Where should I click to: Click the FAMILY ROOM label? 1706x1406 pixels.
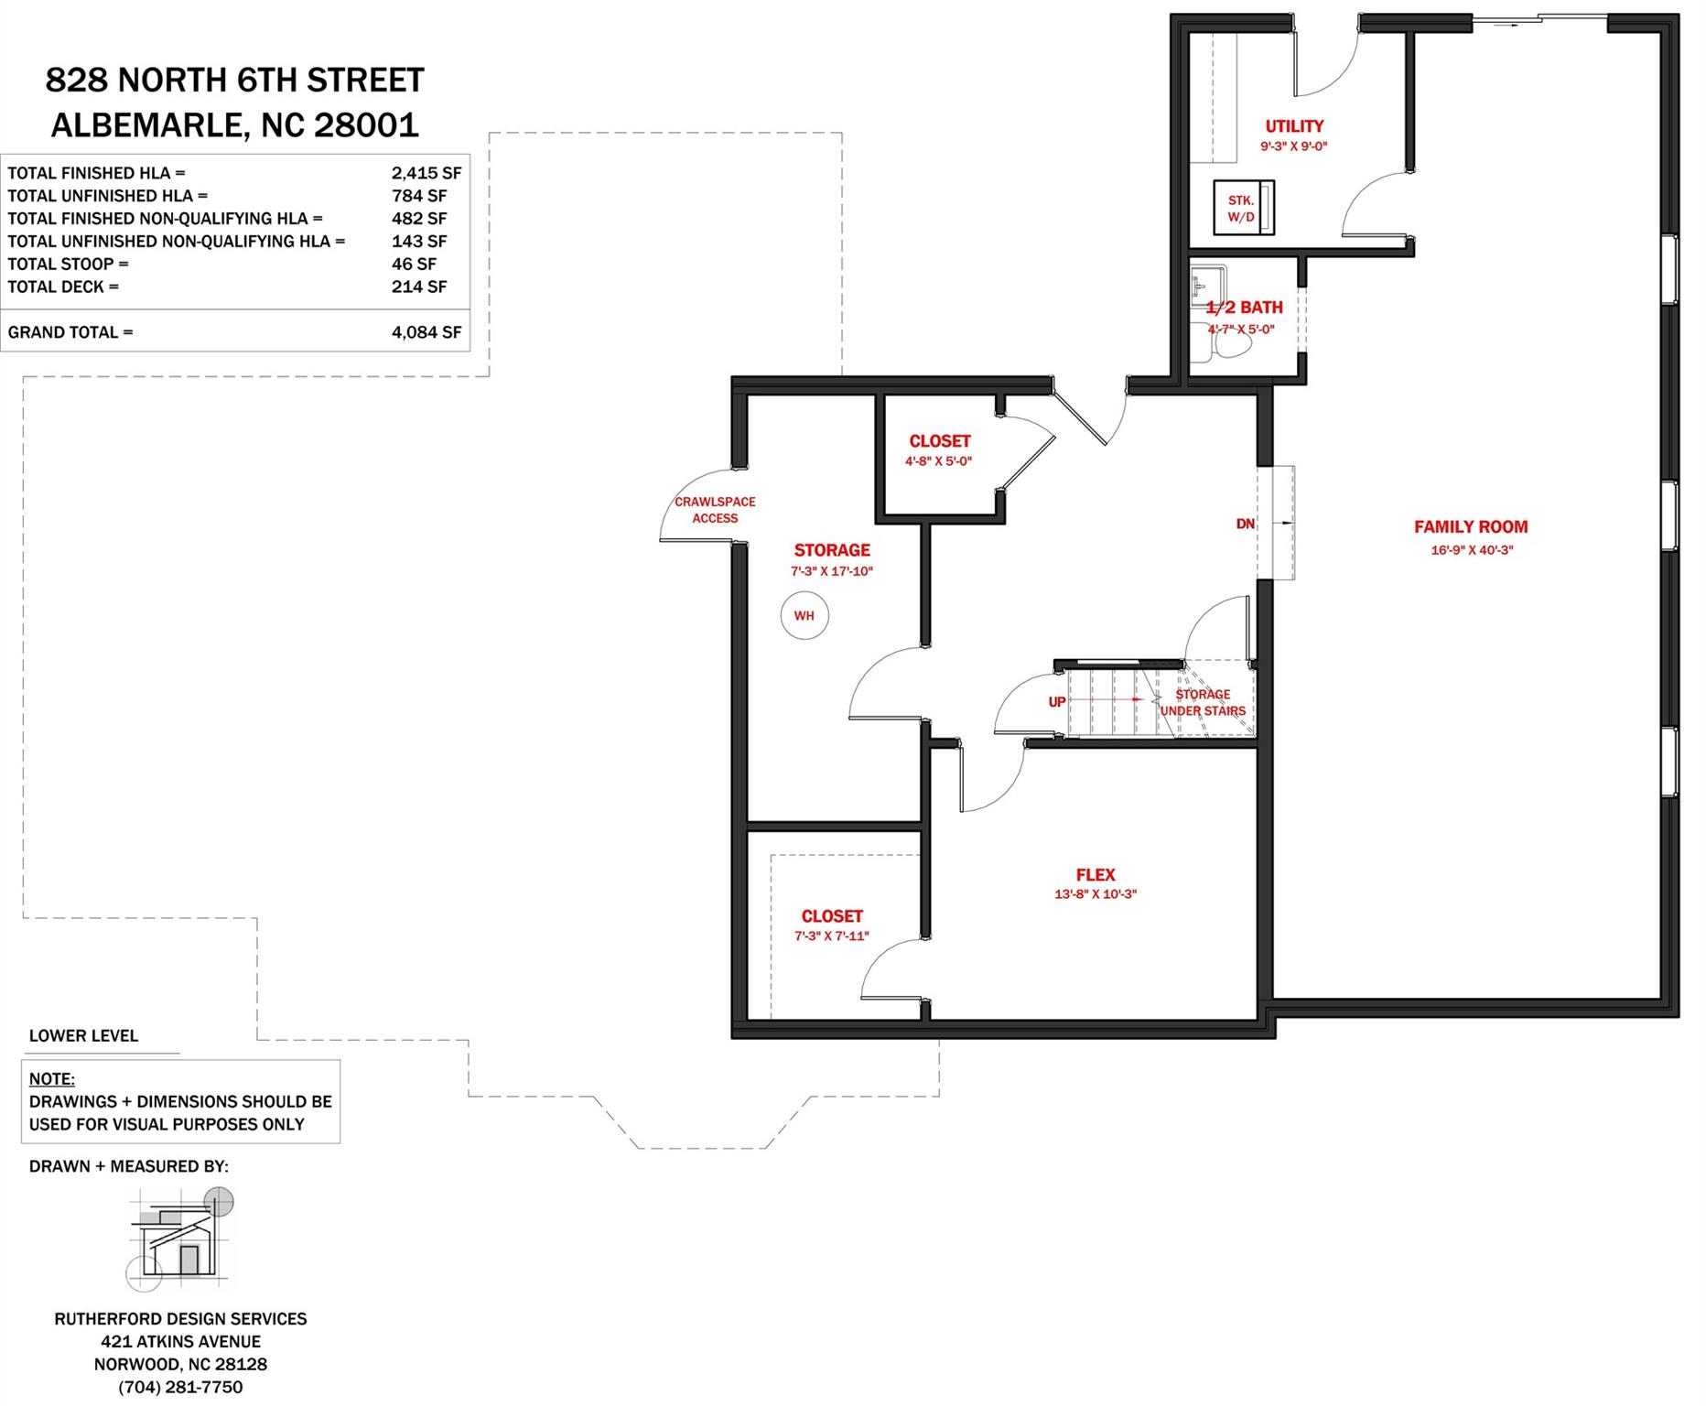click(1470, 527)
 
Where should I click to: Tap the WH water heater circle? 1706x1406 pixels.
click(804, 616)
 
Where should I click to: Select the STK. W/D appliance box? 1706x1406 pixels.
click(1243, 208)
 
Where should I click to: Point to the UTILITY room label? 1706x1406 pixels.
click(1294, 126)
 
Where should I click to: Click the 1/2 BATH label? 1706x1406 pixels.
click(1244, 308)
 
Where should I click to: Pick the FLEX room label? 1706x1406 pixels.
click(1096, 875)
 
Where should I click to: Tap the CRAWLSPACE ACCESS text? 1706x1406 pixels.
click(715, 510)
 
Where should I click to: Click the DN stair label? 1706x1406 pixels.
click(1246, 525)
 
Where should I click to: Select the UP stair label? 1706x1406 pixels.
click(1056, 702)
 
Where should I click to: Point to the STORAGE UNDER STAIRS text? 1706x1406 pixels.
click(1203, 703)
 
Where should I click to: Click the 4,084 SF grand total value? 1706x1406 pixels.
click(426, 332)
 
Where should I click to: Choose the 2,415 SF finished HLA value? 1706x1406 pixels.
click(426, 173)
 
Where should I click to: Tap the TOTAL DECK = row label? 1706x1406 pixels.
click(63, 287)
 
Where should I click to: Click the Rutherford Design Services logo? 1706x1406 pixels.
click(180, 1238)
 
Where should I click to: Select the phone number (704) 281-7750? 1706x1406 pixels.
click(180, 1387)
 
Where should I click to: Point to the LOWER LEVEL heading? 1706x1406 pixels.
click(83, 1036)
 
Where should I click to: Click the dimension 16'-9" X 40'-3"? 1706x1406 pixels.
click(1472, 550)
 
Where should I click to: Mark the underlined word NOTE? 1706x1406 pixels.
click(52, 1079)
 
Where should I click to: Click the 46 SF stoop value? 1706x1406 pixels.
click(414, 264)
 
